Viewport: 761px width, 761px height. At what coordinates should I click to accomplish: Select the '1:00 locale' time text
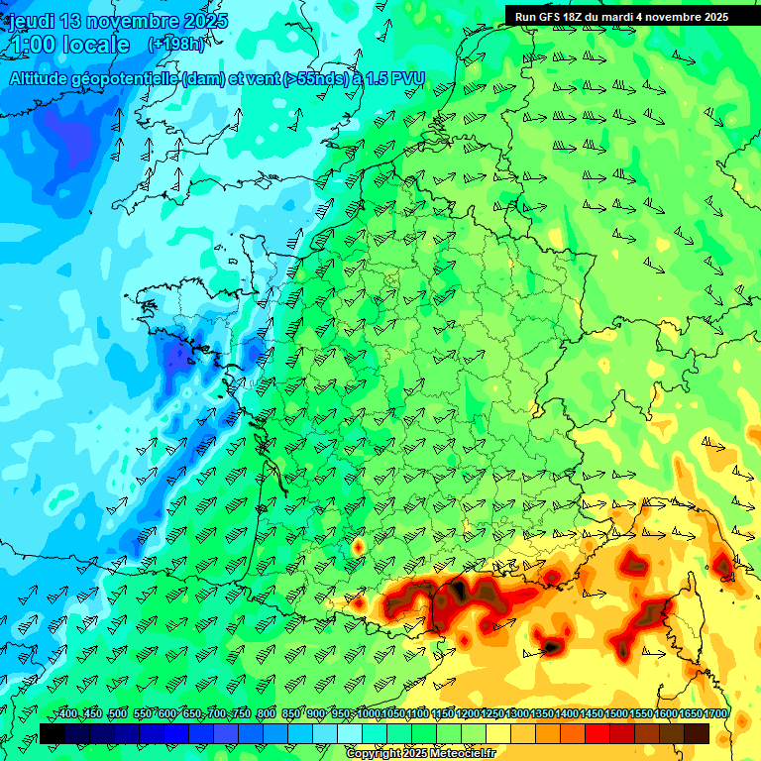pos(70,45)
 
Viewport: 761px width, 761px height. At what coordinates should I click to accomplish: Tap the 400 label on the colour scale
pos(67,714)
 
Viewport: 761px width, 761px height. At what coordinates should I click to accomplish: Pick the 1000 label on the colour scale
pos(369,714)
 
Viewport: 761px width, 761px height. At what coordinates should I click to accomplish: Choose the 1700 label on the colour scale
pos(715,714)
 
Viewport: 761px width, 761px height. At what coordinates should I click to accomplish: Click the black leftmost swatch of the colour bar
pos(53,733)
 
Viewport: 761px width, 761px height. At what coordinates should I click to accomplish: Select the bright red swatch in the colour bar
pos(598,733)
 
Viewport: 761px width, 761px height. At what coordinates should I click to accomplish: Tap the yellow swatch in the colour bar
pos(498,733)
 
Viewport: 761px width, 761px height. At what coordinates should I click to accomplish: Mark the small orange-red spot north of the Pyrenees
pos(358,545)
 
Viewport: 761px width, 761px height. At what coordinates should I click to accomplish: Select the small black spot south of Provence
pos(550,647)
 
